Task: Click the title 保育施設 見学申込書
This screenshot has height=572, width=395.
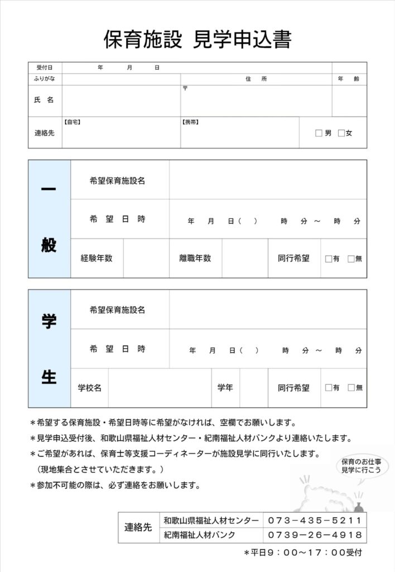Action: [197, 39]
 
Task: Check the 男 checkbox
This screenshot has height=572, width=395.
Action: [319, 133]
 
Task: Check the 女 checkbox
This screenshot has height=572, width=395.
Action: [341, 133]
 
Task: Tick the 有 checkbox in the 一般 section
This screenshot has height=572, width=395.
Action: [329, 259]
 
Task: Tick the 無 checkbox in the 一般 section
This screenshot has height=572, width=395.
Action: [351, 259]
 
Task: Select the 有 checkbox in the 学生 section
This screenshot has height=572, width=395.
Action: [329, 388]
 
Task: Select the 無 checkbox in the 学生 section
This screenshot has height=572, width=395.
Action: [351, 388]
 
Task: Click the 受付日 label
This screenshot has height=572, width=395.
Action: [45, 68]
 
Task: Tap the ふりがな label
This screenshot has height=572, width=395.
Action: [45, 79]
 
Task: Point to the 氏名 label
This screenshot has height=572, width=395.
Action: [45, 100]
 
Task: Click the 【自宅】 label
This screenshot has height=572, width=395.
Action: [72, 121]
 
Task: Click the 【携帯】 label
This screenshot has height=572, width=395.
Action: [191, 121]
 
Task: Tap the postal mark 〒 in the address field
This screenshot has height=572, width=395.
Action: [185, 88]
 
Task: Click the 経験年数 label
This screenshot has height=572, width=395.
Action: [97, 258]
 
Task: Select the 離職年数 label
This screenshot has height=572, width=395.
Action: [195, 258]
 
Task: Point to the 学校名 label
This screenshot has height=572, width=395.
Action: [89, 387]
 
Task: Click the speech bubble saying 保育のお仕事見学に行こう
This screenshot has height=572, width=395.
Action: [361, 466]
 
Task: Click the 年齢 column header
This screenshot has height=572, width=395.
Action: [349, 79]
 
